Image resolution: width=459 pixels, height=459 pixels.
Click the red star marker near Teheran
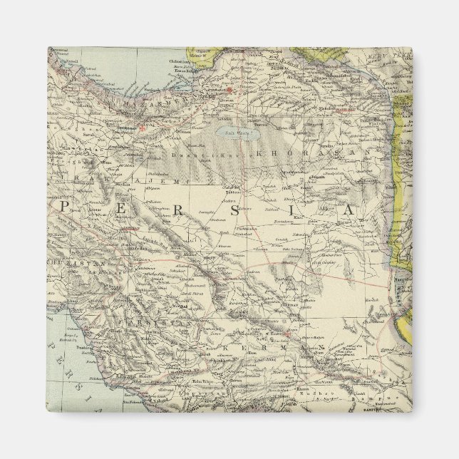[x=142, y=128]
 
